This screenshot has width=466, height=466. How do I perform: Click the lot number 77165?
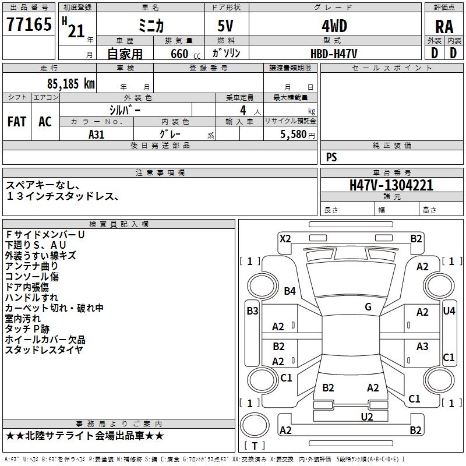pyautogui.click(x=29, y=24)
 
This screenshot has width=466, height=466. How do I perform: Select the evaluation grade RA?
pyautogui.click(x=444, y=27)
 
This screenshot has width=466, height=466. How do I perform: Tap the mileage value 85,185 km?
pyautogui.click(x=70, y=83)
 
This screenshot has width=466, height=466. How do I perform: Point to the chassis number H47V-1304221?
pyautogui.click(x=391, y=185)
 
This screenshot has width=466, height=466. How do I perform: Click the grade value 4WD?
pyautogui.click(x=334, y=26)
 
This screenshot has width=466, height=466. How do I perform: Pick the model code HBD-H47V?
pyautogui.click(x=334, y=54)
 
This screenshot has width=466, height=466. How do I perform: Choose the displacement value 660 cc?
pyautogui.click(x=185, y=54)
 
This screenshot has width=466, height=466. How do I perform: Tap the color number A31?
pyautogui.click(x=96, y=135)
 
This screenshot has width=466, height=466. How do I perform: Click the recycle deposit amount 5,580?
pyautogui.click(x=294, y=134)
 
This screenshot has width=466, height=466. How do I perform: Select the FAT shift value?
pyautogui.click(x=17, y=122)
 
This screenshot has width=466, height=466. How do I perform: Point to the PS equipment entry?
pyautogui.click(x=331, y=157)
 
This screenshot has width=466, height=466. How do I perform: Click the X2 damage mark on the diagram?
pyautogui.click(x=285, y=238)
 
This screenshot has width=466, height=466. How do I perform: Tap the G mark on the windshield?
pyautogui.click(x=368, y=306)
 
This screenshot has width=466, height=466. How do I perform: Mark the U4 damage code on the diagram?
pyautogui.click(x=449, y=311)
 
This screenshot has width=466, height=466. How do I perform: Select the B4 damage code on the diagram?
pyautogui.click(x=290, y=291)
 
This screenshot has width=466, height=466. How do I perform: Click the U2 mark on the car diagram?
pyautogui.click(x=367, y=416)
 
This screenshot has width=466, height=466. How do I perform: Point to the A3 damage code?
pyautogui.click(x=422, y=346)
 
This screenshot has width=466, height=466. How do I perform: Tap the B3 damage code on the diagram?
pyautogui.click(x=252, y=311)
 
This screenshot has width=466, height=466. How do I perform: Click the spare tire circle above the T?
pyautogui.click(x=255, y=425)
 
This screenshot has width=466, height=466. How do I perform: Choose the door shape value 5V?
pyautogui.click(x=225, y=26)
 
